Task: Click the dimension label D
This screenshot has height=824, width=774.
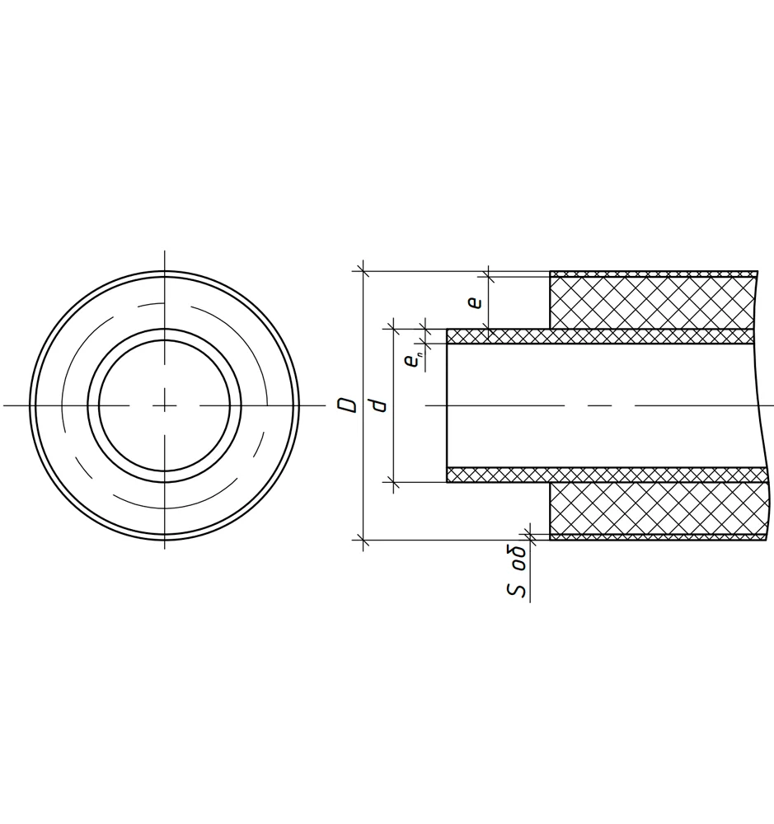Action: (347, 405)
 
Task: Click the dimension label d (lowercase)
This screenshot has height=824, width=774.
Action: (378, 405)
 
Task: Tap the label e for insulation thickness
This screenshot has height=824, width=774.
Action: (475, 302)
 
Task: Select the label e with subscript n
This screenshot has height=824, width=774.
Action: (412, 361)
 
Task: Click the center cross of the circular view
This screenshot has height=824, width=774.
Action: (165, 405)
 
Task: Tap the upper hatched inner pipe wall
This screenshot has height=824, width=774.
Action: (599, 336)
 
